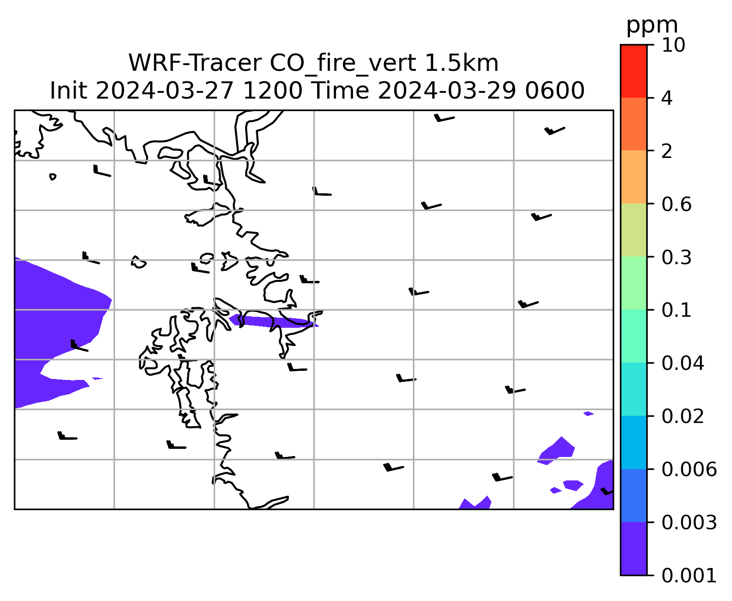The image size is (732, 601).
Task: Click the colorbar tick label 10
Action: pos(673,45)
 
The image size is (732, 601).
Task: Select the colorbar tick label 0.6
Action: pos(676,204)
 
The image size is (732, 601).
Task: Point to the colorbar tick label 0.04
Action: pos(682,363)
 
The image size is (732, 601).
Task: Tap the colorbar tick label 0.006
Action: pos(688,469)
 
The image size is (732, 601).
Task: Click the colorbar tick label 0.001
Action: pos(688,576)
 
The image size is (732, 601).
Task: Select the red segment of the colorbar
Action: pos(633,71)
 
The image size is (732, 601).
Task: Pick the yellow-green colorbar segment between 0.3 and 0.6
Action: pos(633,230)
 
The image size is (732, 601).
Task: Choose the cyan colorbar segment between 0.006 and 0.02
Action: pos(633,442)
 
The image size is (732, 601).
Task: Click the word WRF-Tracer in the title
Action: pos(195,63)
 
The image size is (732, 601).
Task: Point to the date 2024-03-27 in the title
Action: pos(164,91)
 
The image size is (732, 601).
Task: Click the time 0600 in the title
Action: pos(555,91)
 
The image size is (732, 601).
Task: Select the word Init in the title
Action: pos(69,91)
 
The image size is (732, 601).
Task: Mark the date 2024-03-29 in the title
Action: pos(446,91)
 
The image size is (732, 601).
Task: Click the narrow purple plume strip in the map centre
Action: pos(274,321)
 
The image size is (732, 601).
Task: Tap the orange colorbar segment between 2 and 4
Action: pos(633,124)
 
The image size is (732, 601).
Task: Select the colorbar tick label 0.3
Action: pos(676,257)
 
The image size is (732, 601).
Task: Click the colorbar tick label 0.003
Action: pos(688,523)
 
